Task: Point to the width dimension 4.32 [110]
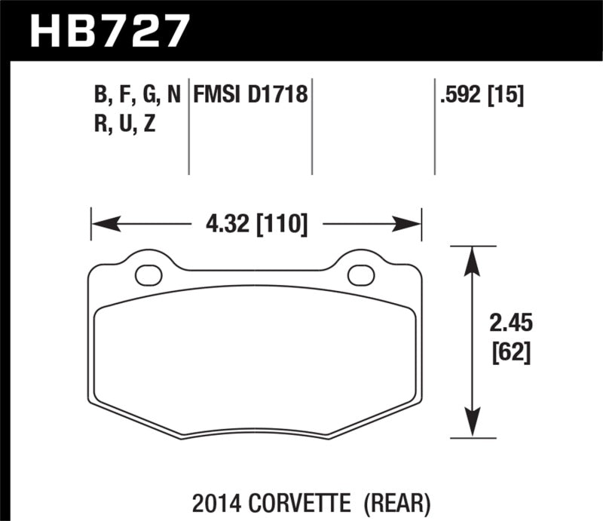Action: click(x=256, y=224)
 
